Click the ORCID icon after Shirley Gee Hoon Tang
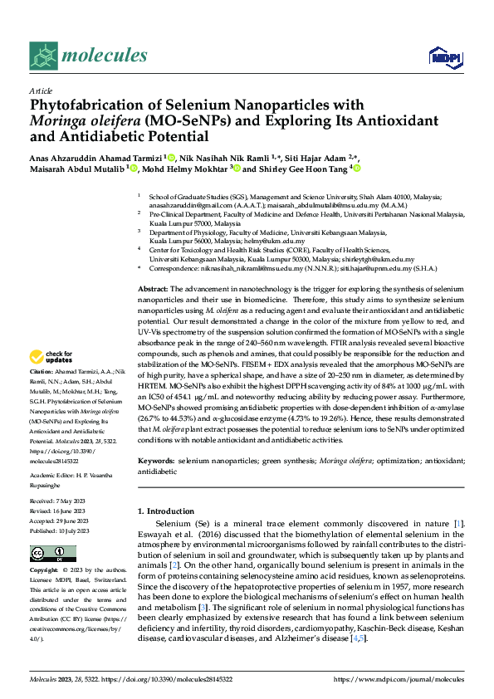[359, 169]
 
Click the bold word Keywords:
[156, 460]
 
